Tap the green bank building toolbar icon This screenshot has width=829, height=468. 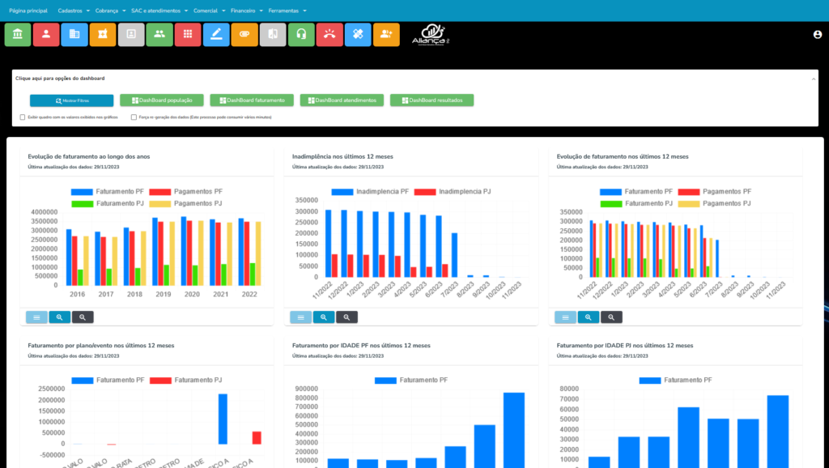17,34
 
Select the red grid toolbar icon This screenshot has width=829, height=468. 188,34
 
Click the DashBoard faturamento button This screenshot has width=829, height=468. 252,100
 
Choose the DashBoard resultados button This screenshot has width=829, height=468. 432,100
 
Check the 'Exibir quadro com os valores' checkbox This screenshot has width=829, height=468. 23,117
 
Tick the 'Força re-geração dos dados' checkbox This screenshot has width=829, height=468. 134,117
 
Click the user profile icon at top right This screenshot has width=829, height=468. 817,35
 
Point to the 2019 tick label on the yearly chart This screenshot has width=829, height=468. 163,295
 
